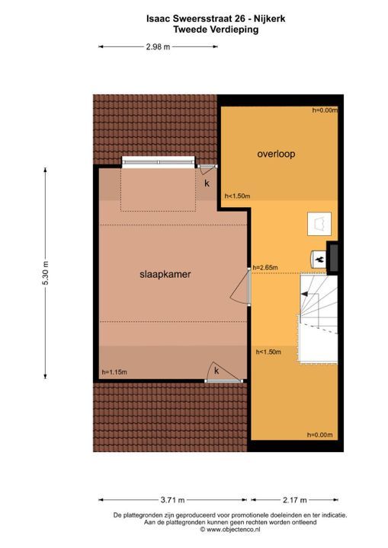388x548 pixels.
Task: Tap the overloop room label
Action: point(275,154)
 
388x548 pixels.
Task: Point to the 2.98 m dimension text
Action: point(158,47)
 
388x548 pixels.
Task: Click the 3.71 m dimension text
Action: point(172,500)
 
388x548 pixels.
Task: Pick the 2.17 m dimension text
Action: point(294,500)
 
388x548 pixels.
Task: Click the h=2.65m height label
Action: point(265,267)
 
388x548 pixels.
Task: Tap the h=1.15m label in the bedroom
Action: point(114,372)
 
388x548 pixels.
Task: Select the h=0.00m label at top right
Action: point(324,111)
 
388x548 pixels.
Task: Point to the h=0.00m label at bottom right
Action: point(320,435)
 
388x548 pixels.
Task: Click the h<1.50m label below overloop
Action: point(237,196)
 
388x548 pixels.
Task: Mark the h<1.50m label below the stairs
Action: point(269,352)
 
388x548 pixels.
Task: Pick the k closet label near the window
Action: point(206,183)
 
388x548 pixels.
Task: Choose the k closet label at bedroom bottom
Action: point(216,371)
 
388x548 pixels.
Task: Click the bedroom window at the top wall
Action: point(159,161)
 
